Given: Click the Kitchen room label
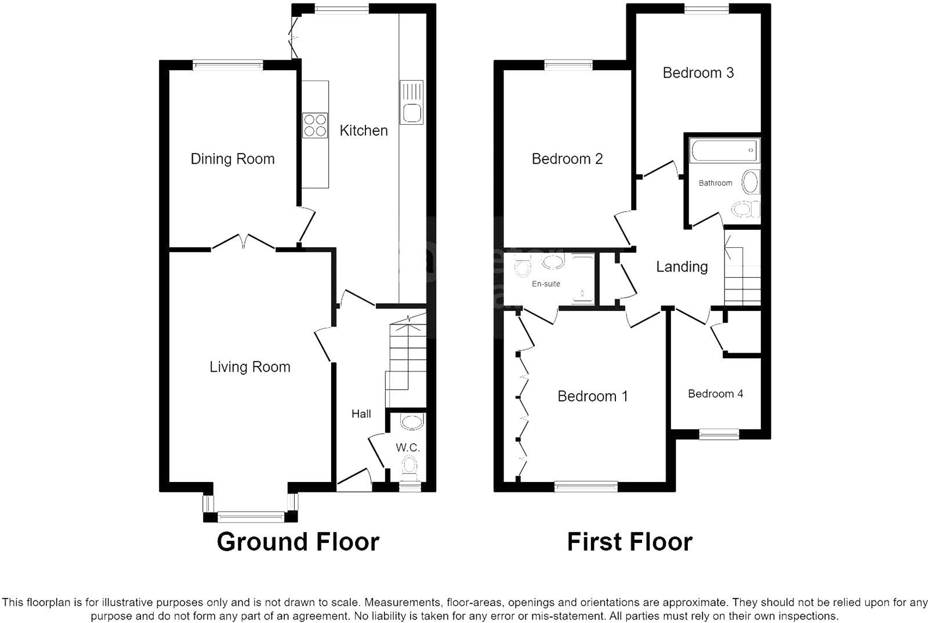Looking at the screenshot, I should coord(364,131).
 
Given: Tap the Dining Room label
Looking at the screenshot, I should coord(233,159).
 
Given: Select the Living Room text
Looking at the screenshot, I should coord(250,367).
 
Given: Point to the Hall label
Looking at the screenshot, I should coord(361,414).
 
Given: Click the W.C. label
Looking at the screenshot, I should coord(408,447).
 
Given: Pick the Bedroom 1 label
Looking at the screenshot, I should coord(592,396).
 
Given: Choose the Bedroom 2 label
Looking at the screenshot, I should coord(567,159).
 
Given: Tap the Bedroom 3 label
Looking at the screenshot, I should coord(698,73).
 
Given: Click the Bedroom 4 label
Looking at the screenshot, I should coord(716,394).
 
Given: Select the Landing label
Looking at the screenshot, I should coord(682,267).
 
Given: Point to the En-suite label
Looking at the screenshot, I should coord(546,284).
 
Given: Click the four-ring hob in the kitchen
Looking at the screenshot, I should coord(315,125).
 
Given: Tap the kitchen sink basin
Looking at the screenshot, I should coord(412,113).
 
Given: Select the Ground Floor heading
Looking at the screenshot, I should coord(298,542).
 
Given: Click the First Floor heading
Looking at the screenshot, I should coord(629,542).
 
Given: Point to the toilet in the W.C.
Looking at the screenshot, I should coord(409,466).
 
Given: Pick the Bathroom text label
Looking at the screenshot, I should coord(715,183).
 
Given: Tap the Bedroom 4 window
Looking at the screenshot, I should coord(719,434).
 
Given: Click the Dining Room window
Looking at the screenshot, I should coord(228,64).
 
